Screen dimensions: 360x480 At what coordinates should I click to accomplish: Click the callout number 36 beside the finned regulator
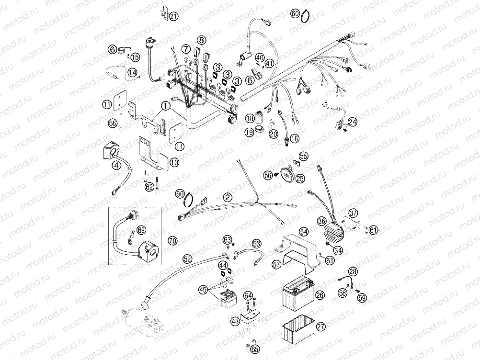[321, 221]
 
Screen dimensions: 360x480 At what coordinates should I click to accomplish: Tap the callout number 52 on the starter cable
[187, 259]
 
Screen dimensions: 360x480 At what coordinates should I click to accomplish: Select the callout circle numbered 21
[173, 17]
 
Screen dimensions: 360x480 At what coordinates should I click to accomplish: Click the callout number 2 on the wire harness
[228, 197]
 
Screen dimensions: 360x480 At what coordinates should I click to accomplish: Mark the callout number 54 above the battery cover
[304, 231]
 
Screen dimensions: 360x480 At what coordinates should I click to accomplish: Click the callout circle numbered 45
[203, 289]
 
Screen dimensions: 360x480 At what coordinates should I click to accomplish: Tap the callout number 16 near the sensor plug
[294, 138]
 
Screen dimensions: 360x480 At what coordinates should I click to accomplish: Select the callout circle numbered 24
[352, 122]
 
